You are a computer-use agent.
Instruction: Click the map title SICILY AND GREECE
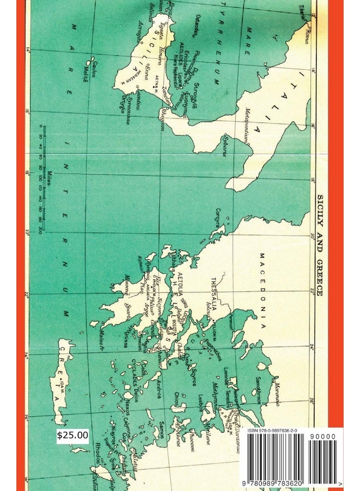[x=320, y=245]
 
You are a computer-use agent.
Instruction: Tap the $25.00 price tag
[x=73, y=435]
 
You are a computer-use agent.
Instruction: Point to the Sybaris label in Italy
[x=224, y=147]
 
